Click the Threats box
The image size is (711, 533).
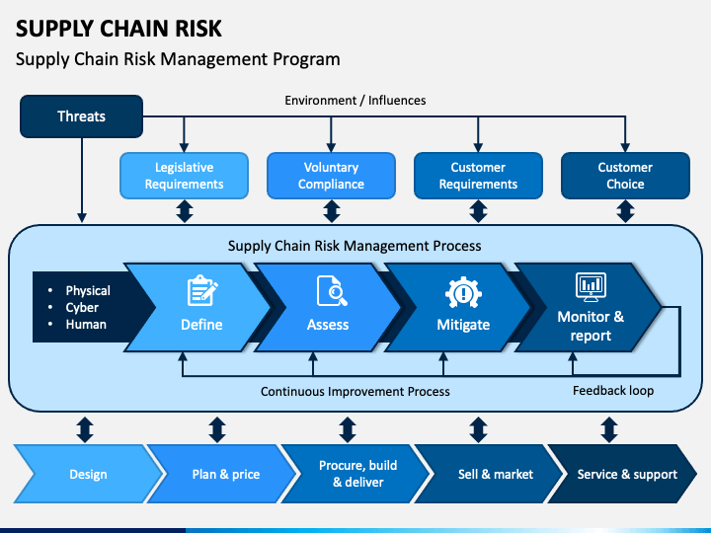click(82, 116)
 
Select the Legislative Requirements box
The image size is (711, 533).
click(184, 176)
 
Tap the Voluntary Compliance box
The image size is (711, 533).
click(331, 176)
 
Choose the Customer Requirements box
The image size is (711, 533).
click(478, 176)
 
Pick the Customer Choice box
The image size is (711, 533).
click(625, 176)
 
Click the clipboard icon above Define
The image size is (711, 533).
click(202, 291)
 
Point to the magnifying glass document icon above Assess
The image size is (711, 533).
click(332, 291)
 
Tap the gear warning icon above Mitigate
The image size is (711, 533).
click(463, 292)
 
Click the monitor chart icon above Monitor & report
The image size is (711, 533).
click(591, 287)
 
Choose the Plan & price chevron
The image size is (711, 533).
click(222, 474)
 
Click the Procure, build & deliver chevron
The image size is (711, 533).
click(355, 474)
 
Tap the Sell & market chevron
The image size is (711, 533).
click(490, 474)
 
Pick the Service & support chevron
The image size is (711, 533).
click(623, 474)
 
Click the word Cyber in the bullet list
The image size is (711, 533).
click(82, 307)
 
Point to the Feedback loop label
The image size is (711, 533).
click(613, 391)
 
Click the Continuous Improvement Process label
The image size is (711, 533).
click(355, 392)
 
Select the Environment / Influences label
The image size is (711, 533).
click(355, 100)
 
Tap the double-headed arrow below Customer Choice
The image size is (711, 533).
click(626, 211)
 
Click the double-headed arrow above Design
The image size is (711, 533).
click(85, 429)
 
